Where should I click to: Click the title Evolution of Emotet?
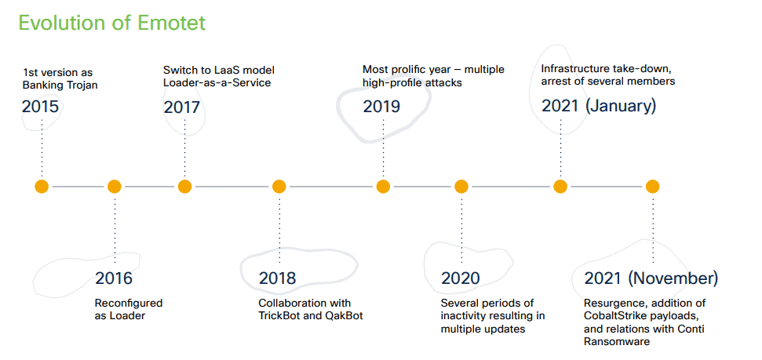(111, 23)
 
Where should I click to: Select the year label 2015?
(40, 107)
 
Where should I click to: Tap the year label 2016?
(114, 278)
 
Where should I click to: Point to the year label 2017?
(182, 107)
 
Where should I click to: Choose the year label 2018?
(277, 278)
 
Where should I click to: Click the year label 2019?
(381, 107)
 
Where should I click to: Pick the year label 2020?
(460, 278)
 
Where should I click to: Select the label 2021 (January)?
(599, 107)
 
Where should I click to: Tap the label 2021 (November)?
(651, 278)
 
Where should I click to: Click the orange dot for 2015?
(42, 187)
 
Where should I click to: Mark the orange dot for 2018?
(279, 187)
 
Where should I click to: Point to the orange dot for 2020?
(461, 187)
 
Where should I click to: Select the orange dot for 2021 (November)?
(652, 187)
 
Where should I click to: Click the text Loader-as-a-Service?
(217, 83)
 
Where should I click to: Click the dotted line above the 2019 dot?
(383, 147)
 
